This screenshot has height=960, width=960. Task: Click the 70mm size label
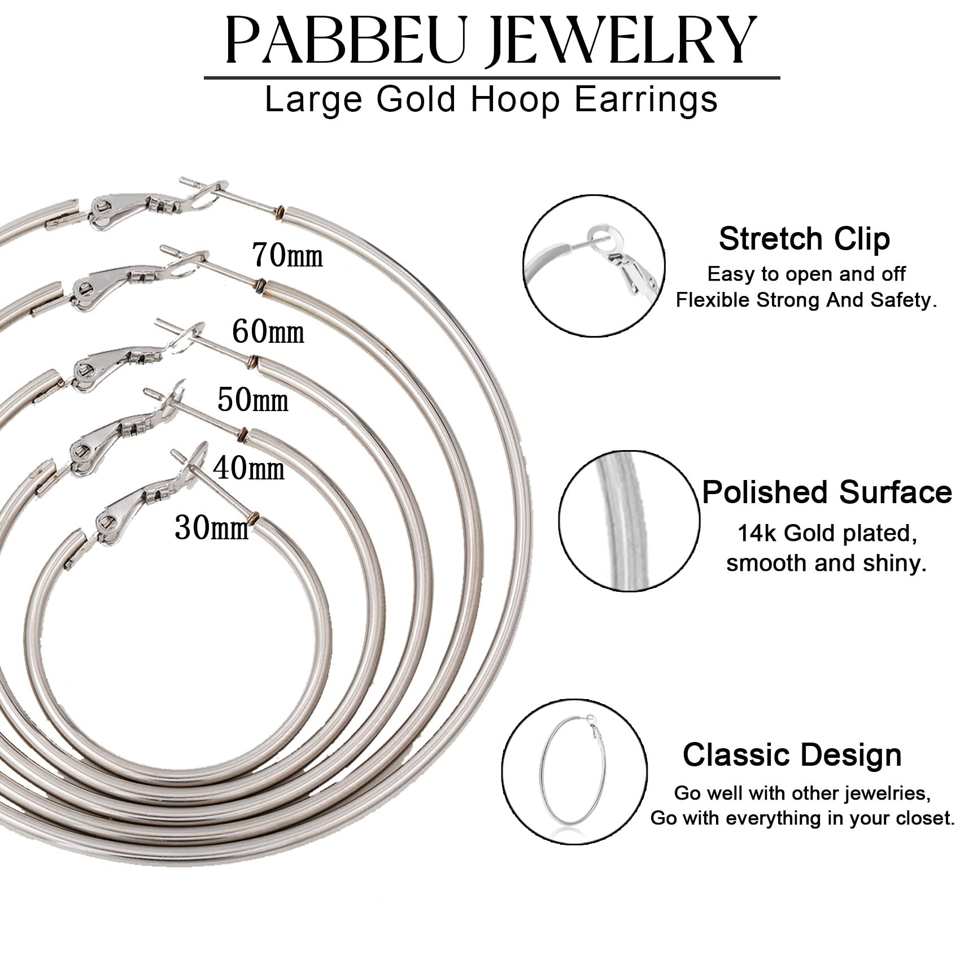[x=287, y=255]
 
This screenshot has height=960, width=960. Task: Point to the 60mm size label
[x=268, y=331]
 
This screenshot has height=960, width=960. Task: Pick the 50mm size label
[x=253, y=400]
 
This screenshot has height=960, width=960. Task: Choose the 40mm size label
[x=248, y=469]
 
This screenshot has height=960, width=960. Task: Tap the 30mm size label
[x=212, y=528]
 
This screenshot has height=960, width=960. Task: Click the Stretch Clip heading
[x=804, y=239]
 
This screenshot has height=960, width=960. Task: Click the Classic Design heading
[x=792, y=754]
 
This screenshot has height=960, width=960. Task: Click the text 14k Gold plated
[x=827, y=533]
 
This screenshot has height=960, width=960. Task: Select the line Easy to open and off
[x=806, y=274]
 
